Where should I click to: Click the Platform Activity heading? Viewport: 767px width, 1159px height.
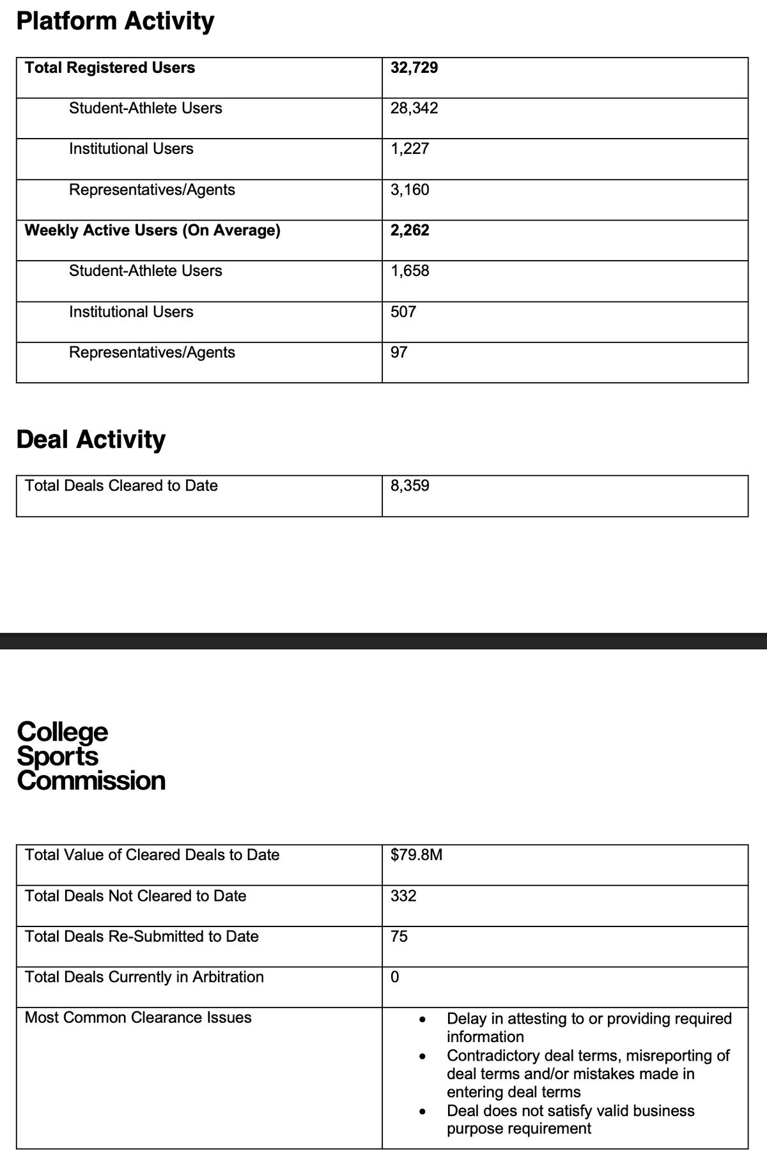(115, 21)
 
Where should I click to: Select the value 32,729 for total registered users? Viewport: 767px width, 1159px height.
(414, 68)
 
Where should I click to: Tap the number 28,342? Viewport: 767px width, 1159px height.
(414, 108)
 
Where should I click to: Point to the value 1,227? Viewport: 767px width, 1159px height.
(410, 149)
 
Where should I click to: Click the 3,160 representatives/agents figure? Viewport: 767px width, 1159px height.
(410, 190)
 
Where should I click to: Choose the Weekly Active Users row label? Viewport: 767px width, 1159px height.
(152, 231)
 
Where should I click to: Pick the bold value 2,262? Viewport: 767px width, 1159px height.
(410, 231)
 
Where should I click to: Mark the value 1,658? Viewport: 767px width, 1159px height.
(410, 271)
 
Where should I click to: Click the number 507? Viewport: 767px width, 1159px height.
(403, 312)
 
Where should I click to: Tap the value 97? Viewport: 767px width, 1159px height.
(399, 353)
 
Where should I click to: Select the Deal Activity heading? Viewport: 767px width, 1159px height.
(91, 440)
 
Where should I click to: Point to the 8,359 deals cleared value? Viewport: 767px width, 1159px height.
(410, 486)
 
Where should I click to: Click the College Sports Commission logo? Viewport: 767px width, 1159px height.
(91, 756)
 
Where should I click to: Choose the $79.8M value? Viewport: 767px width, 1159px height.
(416, 855)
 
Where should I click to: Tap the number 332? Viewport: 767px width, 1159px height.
(403, 896)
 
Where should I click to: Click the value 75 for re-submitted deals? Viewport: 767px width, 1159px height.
(399, 937)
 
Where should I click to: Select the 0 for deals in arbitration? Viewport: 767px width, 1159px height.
(395, 978)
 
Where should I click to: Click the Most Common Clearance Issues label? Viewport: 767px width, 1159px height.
(138, 1018)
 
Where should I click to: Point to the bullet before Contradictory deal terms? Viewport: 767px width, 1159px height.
(422, 1057)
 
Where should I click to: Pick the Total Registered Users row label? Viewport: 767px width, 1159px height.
(110, 68)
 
